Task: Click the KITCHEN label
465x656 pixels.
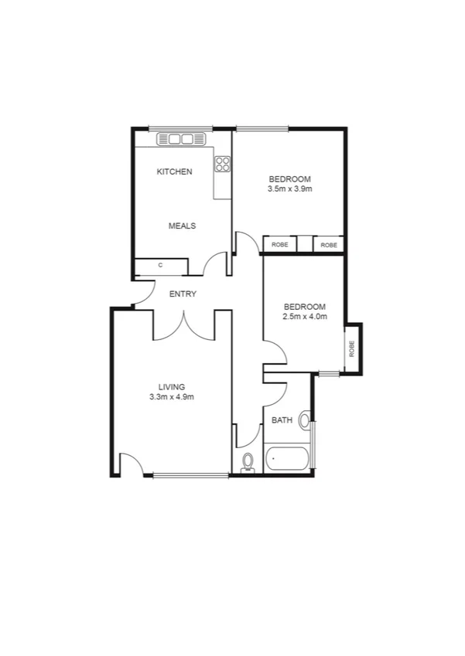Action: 174,172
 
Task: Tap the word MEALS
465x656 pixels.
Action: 183,226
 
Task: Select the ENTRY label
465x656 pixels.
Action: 183,294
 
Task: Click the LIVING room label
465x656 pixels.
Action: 172,387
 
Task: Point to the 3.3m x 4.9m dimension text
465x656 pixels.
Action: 172,397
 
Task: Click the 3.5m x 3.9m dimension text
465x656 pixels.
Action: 290,189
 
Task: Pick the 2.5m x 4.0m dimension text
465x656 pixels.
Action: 304,316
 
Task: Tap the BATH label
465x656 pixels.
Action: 282,421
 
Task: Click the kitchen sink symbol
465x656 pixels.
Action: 180,139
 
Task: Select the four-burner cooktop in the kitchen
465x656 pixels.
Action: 223,164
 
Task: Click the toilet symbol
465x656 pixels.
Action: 248,462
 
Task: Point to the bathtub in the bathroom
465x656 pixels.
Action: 287,460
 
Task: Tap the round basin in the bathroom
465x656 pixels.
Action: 305,421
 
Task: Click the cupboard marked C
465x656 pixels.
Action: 161,266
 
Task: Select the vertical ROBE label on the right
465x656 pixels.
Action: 352,348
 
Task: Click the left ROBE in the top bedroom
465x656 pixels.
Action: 279,244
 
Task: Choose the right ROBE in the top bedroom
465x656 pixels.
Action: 329,244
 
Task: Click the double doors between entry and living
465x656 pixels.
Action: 183,325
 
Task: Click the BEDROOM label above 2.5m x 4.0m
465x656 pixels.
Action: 304,306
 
